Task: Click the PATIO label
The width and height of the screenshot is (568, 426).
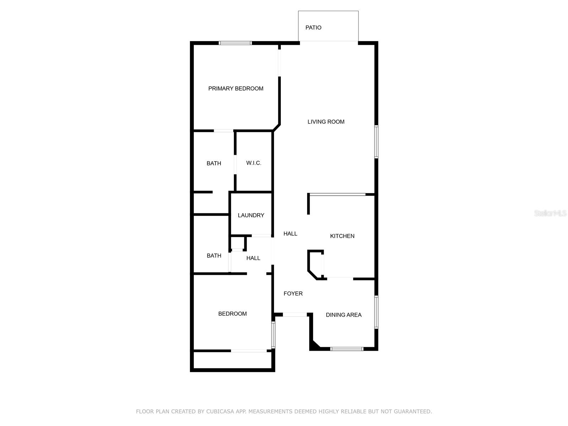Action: point(313,28)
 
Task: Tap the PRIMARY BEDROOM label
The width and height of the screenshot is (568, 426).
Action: point(236,88)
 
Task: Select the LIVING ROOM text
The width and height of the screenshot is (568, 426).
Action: point(326,122)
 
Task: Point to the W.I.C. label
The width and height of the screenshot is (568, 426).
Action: point(254,163)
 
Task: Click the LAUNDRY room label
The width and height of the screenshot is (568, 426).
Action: point(251,215)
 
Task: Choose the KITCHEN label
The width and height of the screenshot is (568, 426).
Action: point(342,236)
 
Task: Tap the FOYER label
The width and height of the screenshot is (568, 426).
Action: point(293,294)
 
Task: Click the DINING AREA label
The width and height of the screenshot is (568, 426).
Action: point(344,315)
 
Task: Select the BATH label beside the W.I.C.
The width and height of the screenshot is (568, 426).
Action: point(214,163)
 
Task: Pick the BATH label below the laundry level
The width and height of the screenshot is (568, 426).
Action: point(214,256)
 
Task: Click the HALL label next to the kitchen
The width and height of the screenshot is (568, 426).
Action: point(290,234)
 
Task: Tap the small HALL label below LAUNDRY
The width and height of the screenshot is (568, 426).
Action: point(253,258)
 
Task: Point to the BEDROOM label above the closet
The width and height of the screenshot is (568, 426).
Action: point(233,314)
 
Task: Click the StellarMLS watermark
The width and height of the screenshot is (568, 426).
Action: point(550,213)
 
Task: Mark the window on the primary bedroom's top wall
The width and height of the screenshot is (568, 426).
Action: point(235,43)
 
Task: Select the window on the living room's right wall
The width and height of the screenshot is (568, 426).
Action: point(376,141)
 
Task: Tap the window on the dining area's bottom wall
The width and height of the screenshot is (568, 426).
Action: point(347,349)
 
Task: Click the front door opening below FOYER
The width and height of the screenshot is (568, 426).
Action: point(295,315)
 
